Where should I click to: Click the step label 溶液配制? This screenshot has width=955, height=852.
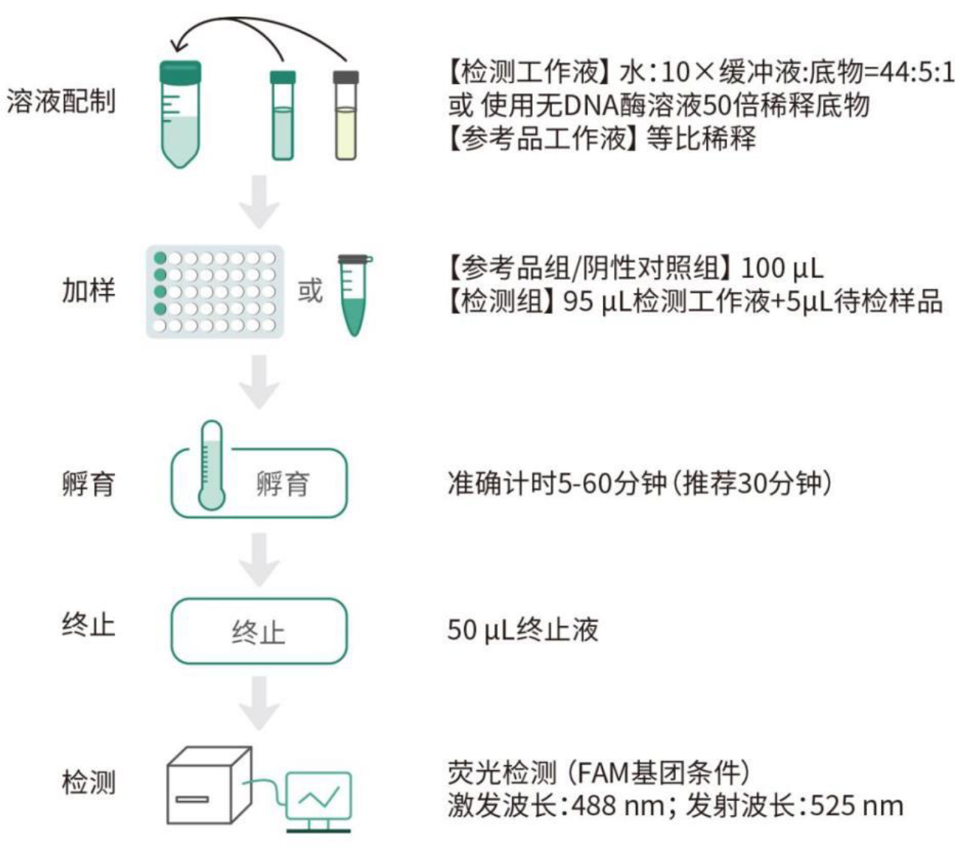[62, 100]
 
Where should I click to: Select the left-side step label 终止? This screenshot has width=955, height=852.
[89, 624]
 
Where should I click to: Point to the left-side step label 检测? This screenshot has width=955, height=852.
[89, 781]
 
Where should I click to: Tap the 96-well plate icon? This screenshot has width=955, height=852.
[215, 291]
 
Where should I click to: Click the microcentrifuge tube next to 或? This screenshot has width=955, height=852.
[354, 294]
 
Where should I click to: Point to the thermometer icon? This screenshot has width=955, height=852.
[212, 465]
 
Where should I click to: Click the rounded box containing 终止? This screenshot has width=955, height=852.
[259, 631]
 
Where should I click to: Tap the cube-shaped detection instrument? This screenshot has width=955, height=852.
[208, 785]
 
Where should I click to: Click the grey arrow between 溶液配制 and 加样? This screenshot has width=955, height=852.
[259, 202]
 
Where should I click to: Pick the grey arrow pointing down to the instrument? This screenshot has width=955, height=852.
[259, 703]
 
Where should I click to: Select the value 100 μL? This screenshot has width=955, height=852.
[782, 267]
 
